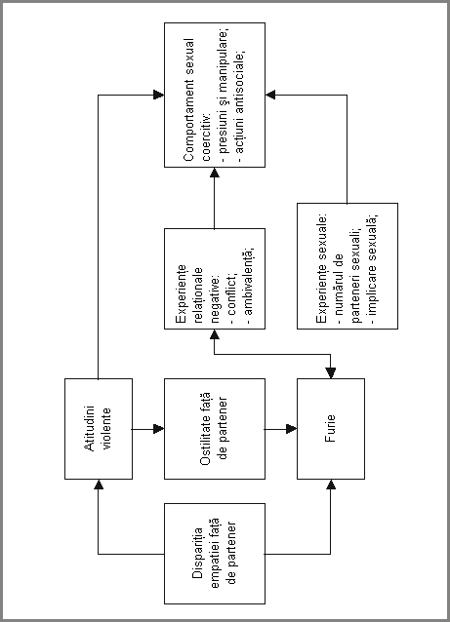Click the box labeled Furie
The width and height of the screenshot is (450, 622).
point(331,429)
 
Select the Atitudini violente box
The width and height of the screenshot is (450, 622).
point(99,429)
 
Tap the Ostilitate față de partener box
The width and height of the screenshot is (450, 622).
point(215,429)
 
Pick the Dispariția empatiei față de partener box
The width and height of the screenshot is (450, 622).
point(215,554)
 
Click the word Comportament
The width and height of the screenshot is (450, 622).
point(189,120)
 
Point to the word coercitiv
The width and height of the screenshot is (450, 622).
point(207,137)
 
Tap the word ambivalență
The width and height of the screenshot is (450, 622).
point(249,281)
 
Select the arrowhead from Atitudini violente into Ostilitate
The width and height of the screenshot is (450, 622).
point(159,429)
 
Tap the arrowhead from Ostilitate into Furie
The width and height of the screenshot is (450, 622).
point(292,429)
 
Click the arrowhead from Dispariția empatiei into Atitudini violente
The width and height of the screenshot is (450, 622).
point(99,485)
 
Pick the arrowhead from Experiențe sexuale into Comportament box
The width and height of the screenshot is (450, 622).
point(270,95)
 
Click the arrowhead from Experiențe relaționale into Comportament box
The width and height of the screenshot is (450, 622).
point(215,173)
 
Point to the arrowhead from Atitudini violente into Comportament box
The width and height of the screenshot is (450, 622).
point(159,95)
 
